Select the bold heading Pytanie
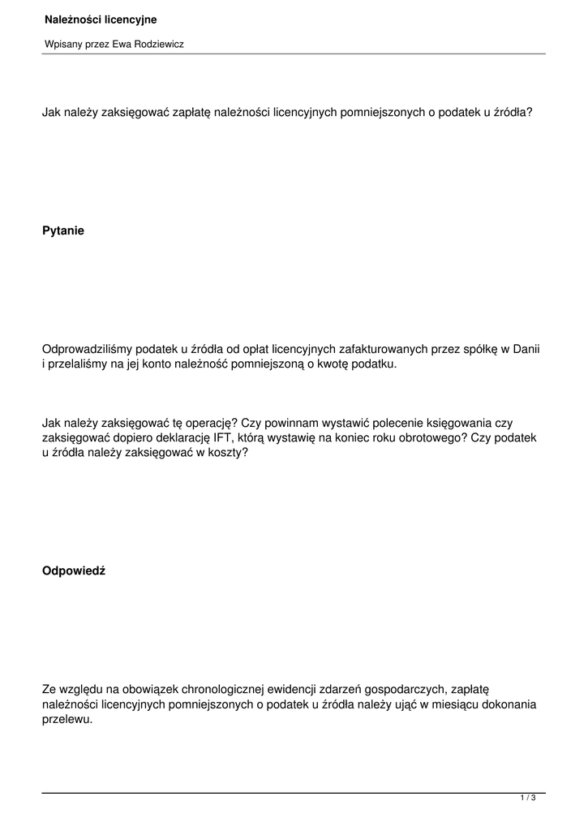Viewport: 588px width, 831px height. coord(62,230)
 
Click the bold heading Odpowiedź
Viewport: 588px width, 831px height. coord(73,571)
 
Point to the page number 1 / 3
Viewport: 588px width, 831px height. coord(528,799)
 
